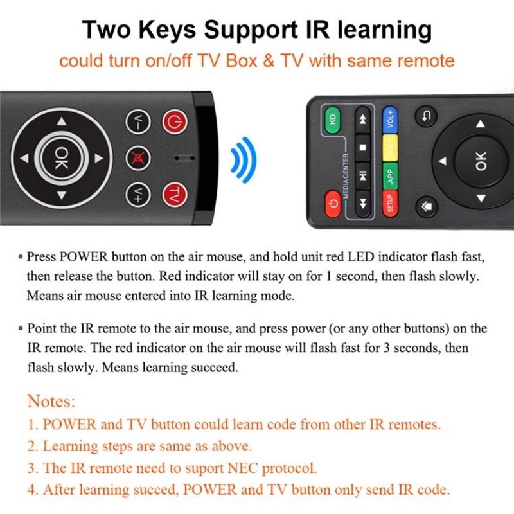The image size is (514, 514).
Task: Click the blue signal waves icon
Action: pyautogui.click(x=244, y=157)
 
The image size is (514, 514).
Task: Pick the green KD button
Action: pyautogui.click(x=332, y=119)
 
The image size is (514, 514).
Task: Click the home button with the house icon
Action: pyautogui.click(x=427, y=207)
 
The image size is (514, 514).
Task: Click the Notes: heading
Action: pyautogui.click(x=51, y=402)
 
